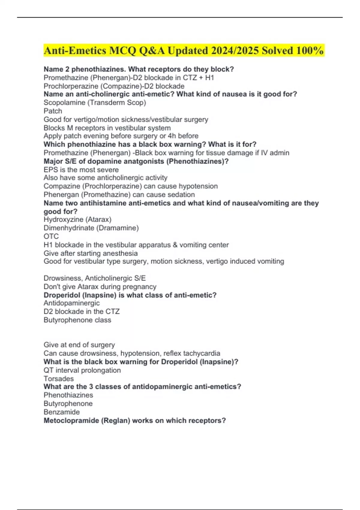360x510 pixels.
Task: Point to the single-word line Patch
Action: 53,111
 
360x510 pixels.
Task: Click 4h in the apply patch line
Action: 172,136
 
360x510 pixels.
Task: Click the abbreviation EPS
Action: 50,169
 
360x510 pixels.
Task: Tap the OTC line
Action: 51,236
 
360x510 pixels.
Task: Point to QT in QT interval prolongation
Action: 48,370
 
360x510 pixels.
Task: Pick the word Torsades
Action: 58,379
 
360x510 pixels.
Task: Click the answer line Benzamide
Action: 61,412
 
